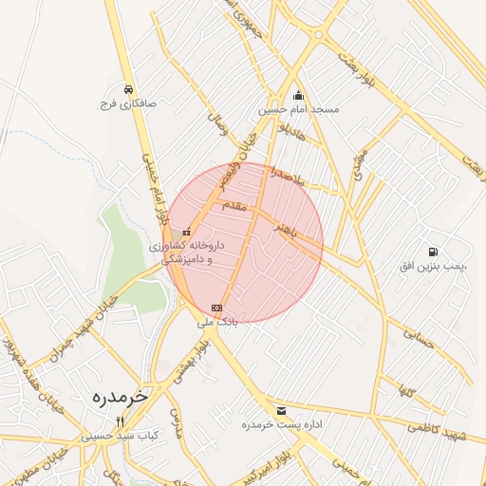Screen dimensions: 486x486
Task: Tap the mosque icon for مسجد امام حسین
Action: pyautogui.click(x=299, y=96)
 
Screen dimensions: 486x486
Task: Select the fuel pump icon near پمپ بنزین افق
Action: pyautogui.click(x=434, y=252)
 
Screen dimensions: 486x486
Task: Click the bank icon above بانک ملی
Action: pyautogui.click(x=217, y=308)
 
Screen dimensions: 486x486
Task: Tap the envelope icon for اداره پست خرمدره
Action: pyautogui.click(x=280, y=410)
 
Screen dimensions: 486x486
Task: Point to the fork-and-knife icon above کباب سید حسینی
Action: pyautogui.click(x=120, y=421)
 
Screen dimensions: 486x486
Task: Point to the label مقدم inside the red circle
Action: pyautogui.click(x=234, y=205)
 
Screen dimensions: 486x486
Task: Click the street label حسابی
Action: pyautogui.click(x=419, y=337)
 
